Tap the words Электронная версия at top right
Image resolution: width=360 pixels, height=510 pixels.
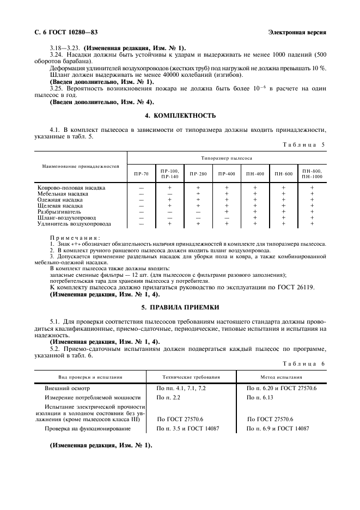[x=297, y=32]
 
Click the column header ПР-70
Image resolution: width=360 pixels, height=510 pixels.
[x=141, y=174]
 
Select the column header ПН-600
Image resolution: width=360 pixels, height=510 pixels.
[x=283, y=174]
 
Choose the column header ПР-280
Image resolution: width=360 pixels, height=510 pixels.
[x=198, y=174]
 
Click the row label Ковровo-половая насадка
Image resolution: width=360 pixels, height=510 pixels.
[x=70, y=187]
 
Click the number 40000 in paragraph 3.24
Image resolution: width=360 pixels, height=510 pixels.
[x=147, y=75]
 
